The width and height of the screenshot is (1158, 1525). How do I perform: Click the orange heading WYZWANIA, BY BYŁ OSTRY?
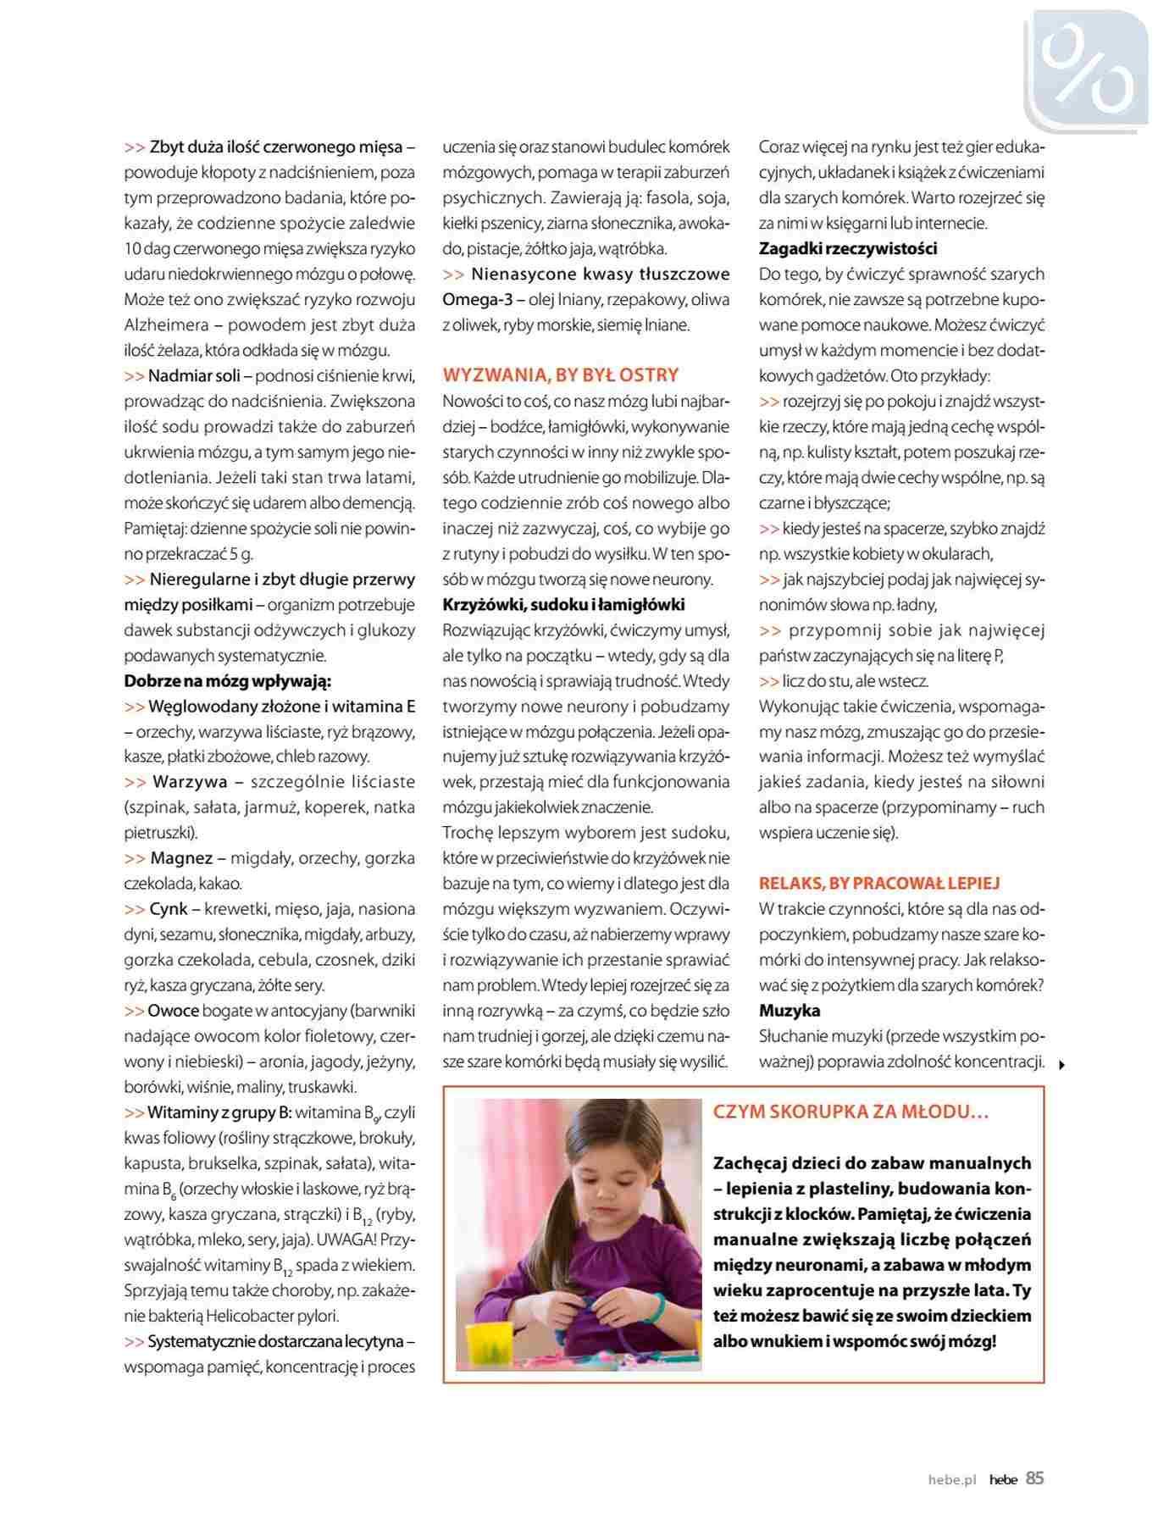coord(561,375)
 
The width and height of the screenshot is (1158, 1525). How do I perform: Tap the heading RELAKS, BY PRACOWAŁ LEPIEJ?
coord(879,884)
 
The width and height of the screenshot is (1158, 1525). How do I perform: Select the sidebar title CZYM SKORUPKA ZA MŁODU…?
coord(850,1112)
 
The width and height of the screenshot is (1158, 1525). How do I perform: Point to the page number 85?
coord(1034,1478)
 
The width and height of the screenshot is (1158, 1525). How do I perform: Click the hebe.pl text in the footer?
coord(952,1480)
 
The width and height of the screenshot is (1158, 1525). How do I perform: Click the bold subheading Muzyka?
coord(789,1011)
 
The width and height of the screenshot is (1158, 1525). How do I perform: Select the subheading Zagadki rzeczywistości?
coord(848,249)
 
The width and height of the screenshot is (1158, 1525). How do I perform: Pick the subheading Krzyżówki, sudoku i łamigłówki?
coord(563,605)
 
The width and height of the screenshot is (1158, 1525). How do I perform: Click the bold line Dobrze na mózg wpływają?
coord(227,681)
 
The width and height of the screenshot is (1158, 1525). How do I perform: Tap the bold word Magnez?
coord(181,858)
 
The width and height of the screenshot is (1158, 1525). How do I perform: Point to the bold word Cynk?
coord(169,909)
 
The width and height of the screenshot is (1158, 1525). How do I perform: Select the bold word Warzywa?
coord(190,782)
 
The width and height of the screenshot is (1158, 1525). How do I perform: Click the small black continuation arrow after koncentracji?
coord(1061,1066)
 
